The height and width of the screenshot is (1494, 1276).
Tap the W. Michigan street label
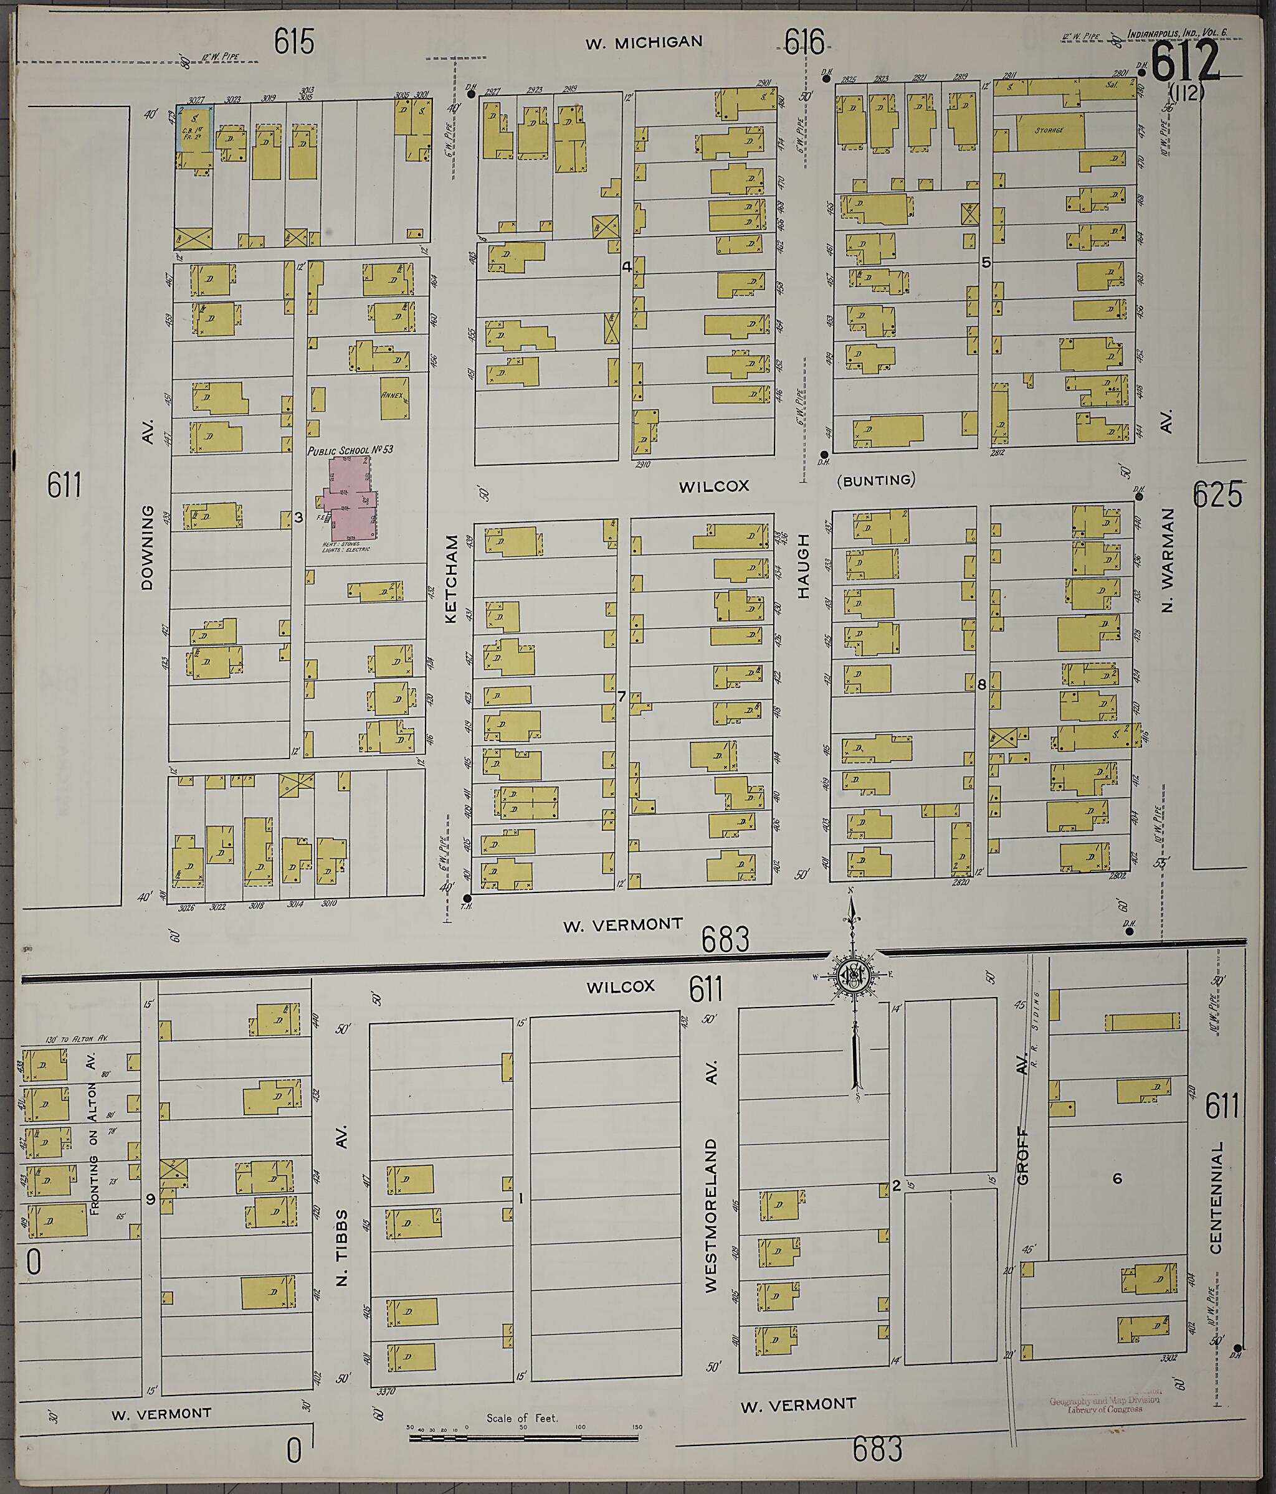[644, 42]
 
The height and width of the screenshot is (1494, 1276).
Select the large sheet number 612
[1184, 62]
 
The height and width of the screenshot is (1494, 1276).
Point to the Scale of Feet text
[521, 1417]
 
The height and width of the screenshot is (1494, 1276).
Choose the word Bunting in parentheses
[877, 480]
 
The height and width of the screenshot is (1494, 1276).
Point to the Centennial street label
[1217, 1196]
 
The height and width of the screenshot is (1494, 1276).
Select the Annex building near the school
[394, 397]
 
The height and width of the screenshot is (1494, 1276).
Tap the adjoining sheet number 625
[1217, 494]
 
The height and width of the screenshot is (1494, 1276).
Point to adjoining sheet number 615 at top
[294, 41]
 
